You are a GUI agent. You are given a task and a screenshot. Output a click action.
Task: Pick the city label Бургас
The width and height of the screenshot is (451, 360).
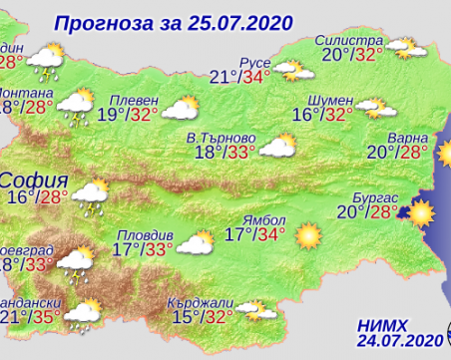375,196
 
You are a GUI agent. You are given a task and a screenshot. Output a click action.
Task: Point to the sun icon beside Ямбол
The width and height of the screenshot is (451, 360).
308,235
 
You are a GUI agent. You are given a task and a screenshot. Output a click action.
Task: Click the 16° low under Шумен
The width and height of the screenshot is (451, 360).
304,114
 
